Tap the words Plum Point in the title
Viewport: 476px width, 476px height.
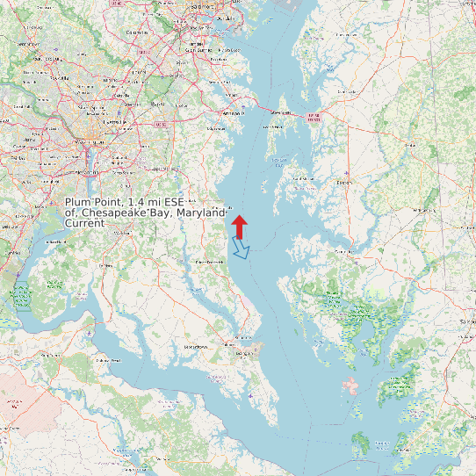tap(94, 203)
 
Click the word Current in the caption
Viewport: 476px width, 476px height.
tap(85, 223)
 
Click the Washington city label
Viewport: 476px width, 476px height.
tap(95, 141)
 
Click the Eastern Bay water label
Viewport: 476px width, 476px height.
tap(280, 160)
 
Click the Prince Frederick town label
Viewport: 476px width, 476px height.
tap(210, 262)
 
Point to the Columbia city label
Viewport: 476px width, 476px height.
tap(136, 32)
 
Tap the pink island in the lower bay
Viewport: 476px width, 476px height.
tap(352, 386)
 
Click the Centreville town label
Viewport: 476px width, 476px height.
tap(346, 90)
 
